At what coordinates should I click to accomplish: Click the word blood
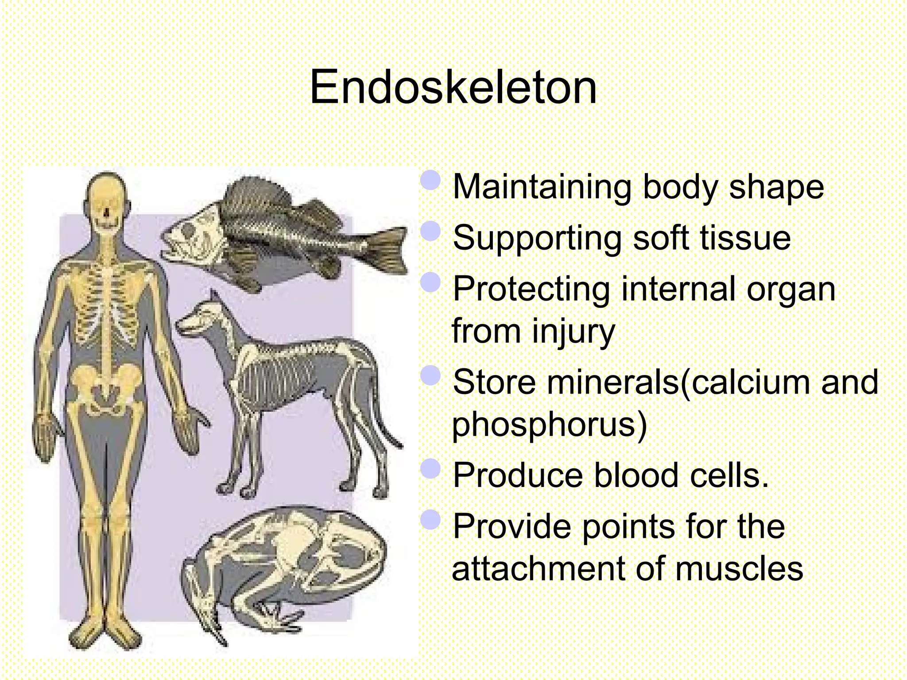[636, 475]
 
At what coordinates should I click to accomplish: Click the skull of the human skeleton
[106, 199]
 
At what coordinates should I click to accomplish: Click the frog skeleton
[283, 567]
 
